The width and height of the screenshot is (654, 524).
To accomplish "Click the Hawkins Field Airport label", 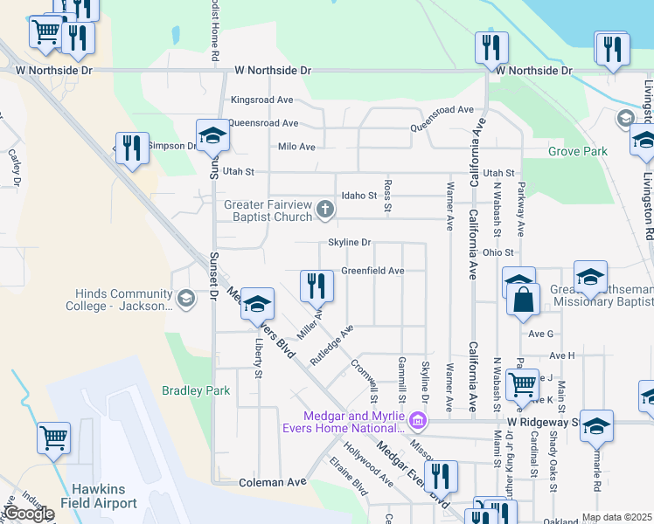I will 99,496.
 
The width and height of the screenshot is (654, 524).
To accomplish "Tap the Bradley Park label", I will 196,390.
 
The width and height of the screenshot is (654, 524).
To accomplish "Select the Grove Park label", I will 578,151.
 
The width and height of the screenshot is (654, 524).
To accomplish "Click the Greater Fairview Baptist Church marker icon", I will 325,208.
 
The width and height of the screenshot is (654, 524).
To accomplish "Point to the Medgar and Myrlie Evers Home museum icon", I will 418,423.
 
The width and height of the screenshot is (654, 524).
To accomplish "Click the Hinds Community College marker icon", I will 185,300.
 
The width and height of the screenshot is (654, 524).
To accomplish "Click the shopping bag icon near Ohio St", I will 522,300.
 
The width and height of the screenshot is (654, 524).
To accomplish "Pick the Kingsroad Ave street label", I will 261,100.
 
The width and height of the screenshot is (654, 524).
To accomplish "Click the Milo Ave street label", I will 296,147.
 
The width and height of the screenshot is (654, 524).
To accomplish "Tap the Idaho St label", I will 358,196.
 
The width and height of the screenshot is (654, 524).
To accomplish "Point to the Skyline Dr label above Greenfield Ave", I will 350,243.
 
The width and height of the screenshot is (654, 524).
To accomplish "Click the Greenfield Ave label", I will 372,272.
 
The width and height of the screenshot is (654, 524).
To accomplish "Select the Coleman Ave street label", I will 273,482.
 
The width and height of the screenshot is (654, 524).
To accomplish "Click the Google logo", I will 29,514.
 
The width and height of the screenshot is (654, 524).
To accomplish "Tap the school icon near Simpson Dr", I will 212,135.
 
